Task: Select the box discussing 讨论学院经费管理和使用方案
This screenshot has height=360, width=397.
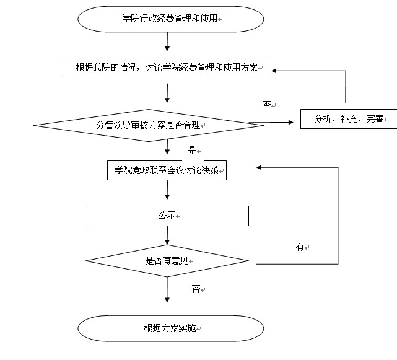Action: coord(167,68)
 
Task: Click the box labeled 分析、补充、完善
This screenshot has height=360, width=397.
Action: coord(349,119)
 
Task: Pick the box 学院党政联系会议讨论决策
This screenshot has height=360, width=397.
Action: coord(167,171)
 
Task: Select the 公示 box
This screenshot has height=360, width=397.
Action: coord(167,216)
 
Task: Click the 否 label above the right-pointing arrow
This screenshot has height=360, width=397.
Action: coord(267,105)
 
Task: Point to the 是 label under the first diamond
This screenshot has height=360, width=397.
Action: coord(192,151)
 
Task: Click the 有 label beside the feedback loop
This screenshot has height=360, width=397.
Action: coord(300,247)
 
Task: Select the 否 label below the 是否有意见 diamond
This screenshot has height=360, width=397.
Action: coord(196,289)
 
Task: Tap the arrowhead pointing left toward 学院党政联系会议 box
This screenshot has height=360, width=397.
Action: coord(260,167)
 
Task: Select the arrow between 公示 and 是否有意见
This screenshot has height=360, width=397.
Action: coord(168,235)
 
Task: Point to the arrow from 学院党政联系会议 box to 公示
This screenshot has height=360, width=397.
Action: coord(168,193)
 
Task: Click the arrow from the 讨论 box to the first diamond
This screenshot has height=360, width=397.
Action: coord(168,91)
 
